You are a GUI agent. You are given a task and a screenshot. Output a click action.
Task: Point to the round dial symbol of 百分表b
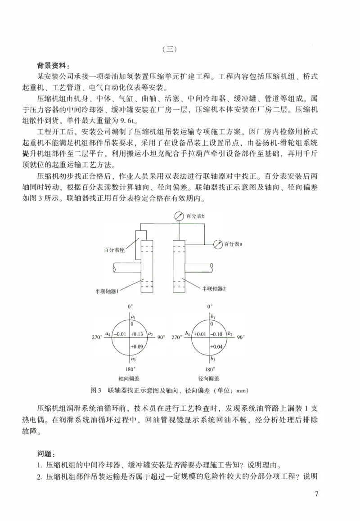coord(180,217)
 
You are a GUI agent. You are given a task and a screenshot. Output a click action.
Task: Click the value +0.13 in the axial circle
coord(138,334)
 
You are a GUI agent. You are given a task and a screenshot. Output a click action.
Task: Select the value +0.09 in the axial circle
coord(137,346)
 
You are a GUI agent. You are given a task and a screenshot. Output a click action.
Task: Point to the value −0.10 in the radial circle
coord(217,334)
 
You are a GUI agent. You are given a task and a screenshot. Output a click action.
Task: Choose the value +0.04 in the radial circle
coord(217,346)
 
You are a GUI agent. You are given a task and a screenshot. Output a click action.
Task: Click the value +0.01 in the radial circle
coord(200,334)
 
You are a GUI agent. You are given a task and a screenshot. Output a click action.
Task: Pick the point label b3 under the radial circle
coord(213,359)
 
